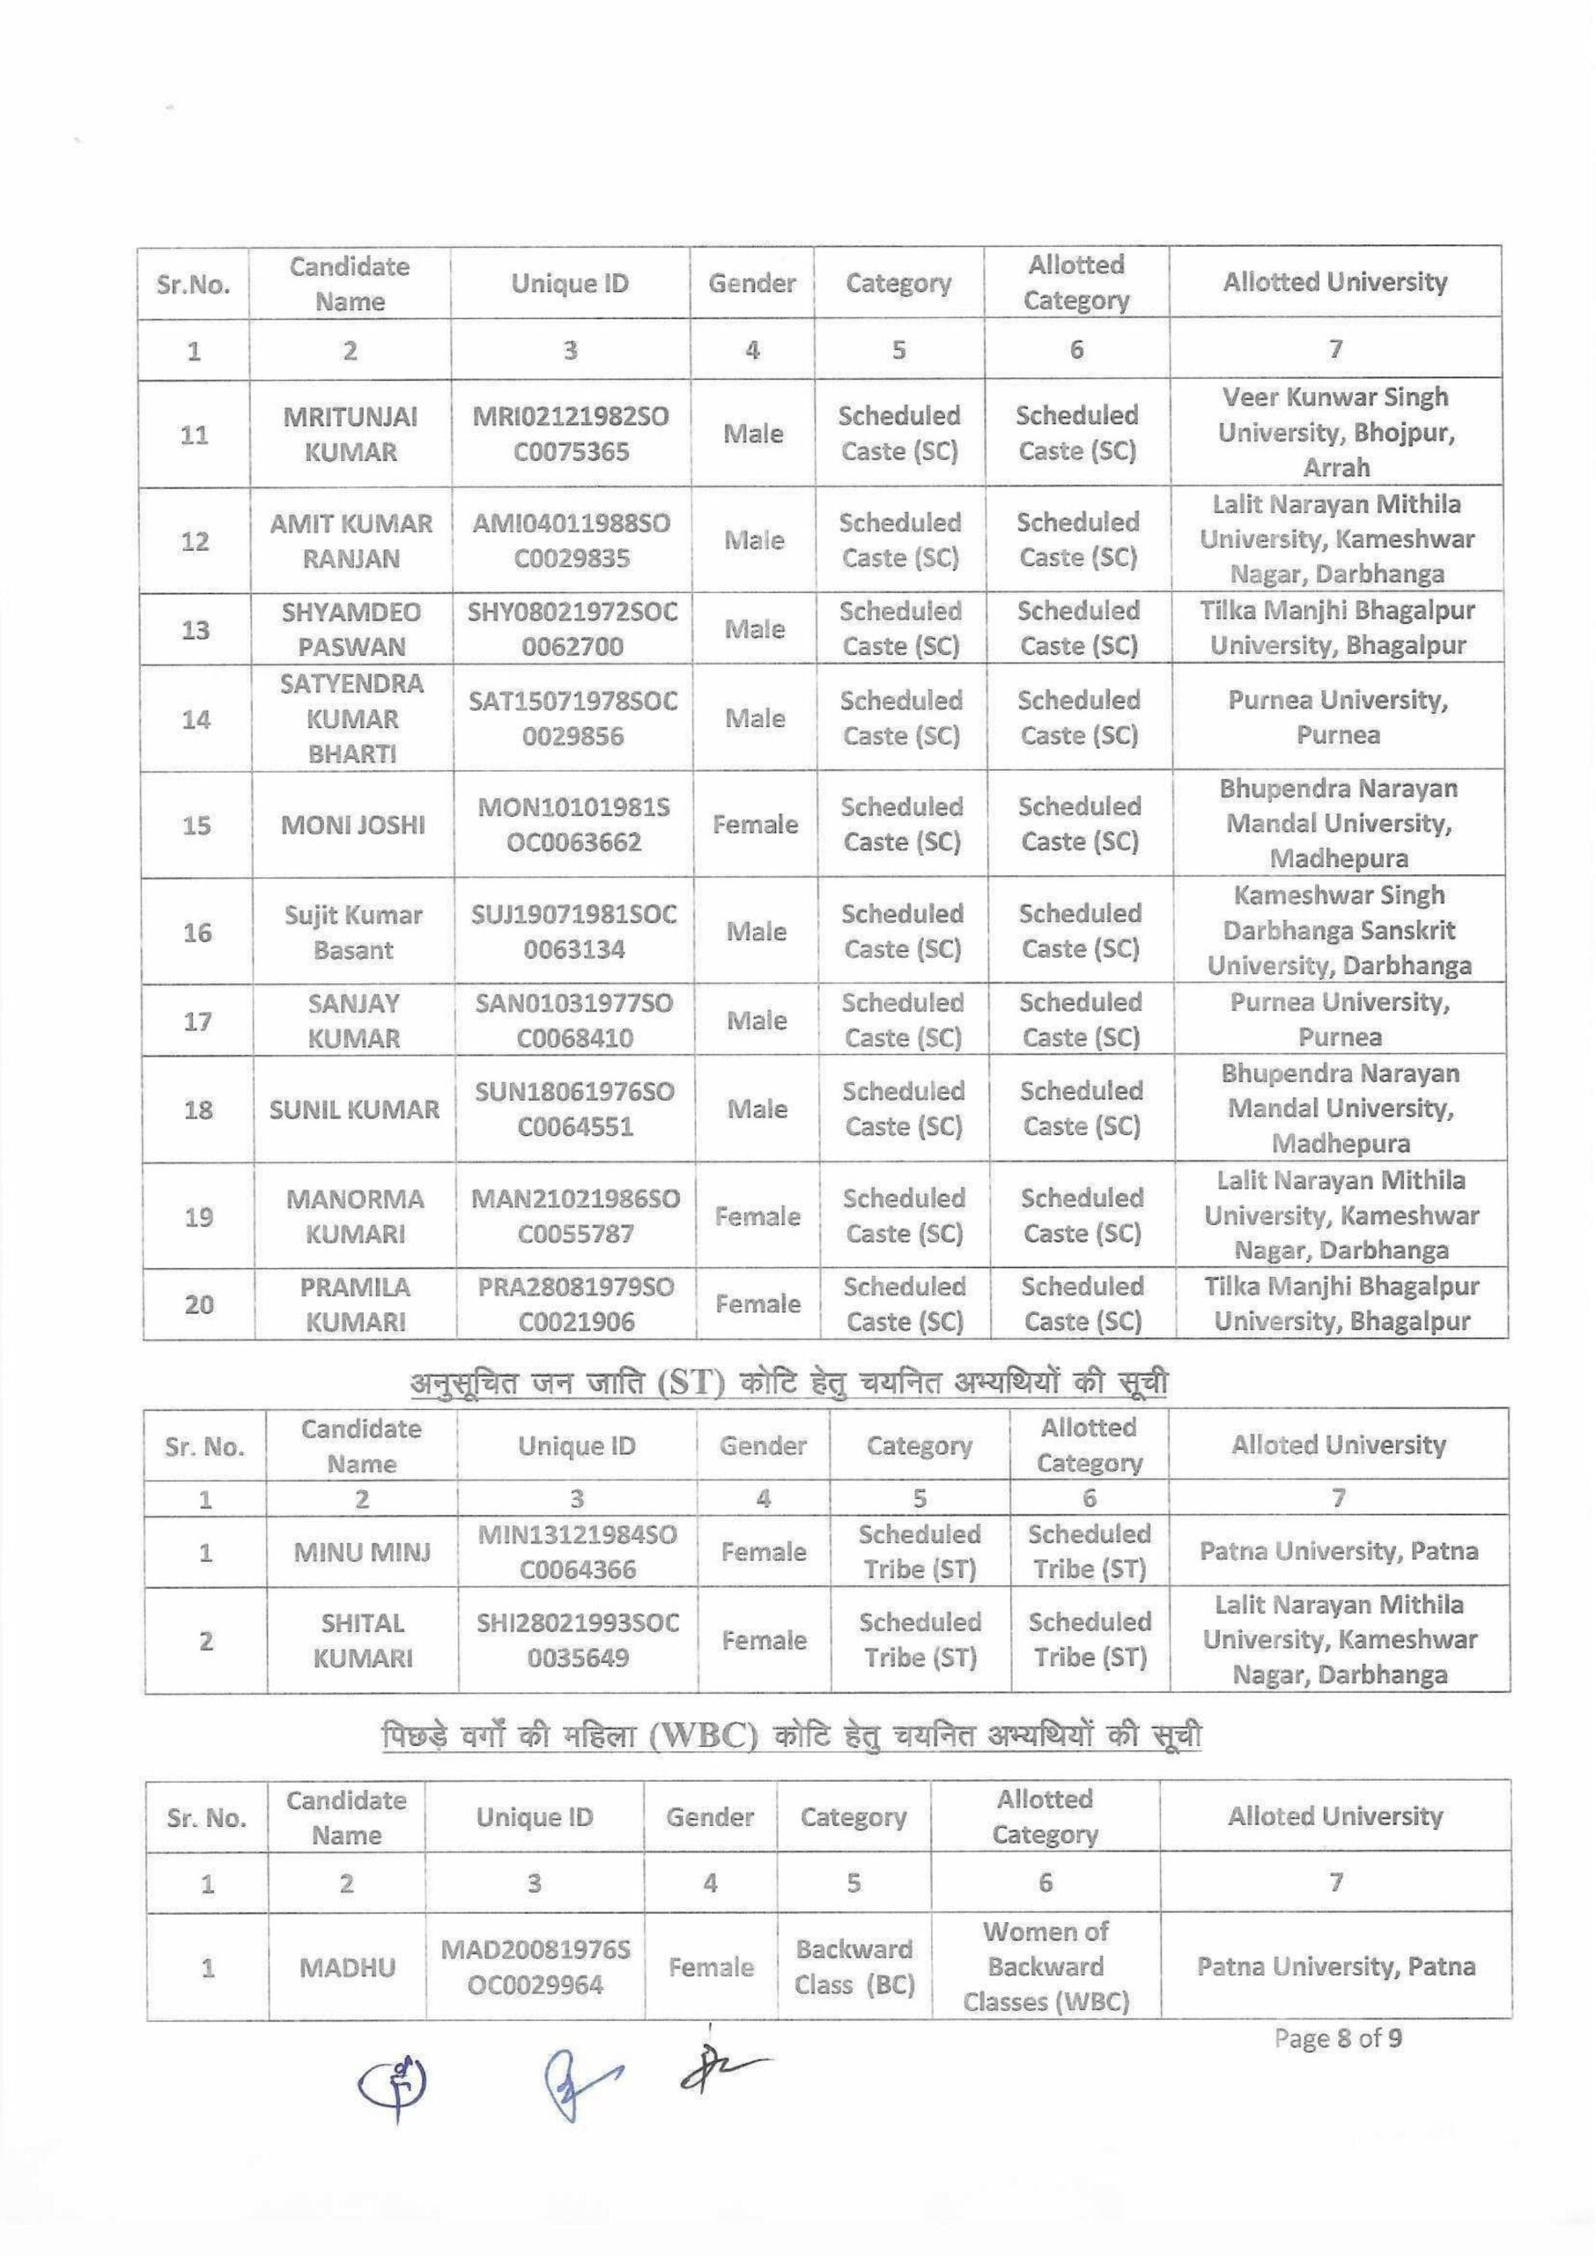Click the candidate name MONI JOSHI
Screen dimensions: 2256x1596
[353, 825]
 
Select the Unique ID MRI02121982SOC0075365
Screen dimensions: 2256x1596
[571, 434]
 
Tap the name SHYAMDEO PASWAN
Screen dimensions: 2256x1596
[351, 629]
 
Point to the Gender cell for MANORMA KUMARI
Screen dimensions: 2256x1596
[757, 1216]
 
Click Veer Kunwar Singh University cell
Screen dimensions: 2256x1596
[1335, 433]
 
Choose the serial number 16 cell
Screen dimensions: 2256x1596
[197, 931]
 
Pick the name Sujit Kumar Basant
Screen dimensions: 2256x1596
[353, 931]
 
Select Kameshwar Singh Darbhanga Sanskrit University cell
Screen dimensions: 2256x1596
[1340, 930]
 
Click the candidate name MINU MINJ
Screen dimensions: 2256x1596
[362, 1552]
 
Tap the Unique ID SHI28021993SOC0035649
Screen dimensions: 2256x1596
[578, 1640]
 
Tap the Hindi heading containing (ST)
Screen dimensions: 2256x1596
[789, 1382]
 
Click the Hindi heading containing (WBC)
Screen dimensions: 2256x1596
[791, 1736]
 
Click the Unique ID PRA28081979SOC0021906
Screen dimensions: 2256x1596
[576, 1303]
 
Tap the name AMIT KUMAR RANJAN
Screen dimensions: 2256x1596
[351, 541]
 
